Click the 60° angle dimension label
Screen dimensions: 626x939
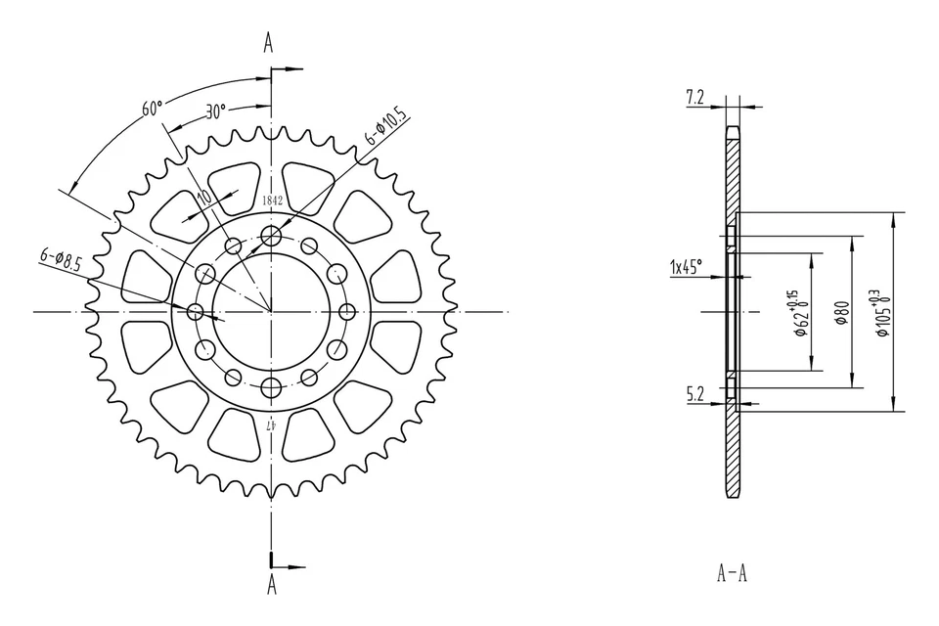point(152,109)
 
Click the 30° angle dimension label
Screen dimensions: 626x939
point(215,111)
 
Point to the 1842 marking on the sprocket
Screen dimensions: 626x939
point(272,201)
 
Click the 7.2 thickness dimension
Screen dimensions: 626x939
point(695,96)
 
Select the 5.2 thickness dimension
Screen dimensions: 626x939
point(696,395)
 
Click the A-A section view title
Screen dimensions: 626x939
point(733,572)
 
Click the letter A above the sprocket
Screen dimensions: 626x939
point(270,41)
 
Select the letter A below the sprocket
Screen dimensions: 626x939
point(271,585)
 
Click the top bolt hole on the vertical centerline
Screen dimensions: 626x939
point(271,236)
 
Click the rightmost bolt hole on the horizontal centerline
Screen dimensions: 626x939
point(347,311)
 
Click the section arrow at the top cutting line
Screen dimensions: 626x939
point(291,69)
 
